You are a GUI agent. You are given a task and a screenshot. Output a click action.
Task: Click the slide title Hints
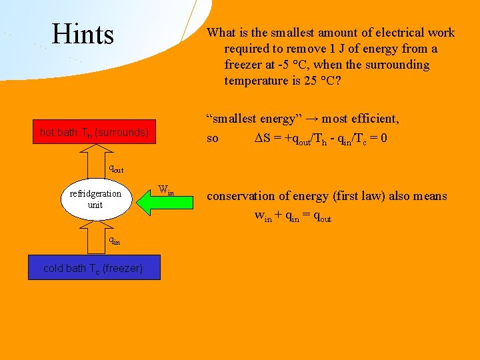coord(83,34)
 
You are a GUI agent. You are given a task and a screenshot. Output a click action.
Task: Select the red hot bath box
coord(94,132)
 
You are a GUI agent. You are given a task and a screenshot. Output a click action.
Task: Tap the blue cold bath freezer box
coord(93,268)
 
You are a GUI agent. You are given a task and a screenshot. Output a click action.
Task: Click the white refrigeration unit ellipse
coord(96,199)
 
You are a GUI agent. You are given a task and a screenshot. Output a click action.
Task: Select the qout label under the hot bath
coord(116,169)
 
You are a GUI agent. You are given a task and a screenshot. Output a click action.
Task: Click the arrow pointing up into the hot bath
coord(95,163)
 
